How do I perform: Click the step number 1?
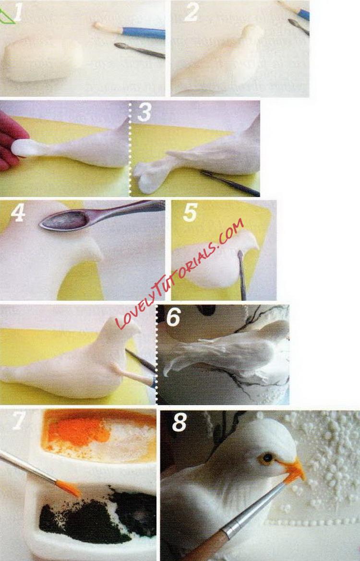[18, 12]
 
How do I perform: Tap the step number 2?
[192, 12]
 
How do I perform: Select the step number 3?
[144, 112]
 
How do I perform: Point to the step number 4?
[18, 213]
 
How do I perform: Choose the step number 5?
[190, 213]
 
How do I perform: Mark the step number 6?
[174, 317]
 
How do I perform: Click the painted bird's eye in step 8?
[266, 458]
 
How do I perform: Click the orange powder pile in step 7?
[78, 431]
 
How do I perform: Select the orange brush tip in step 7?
[68, 488]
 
